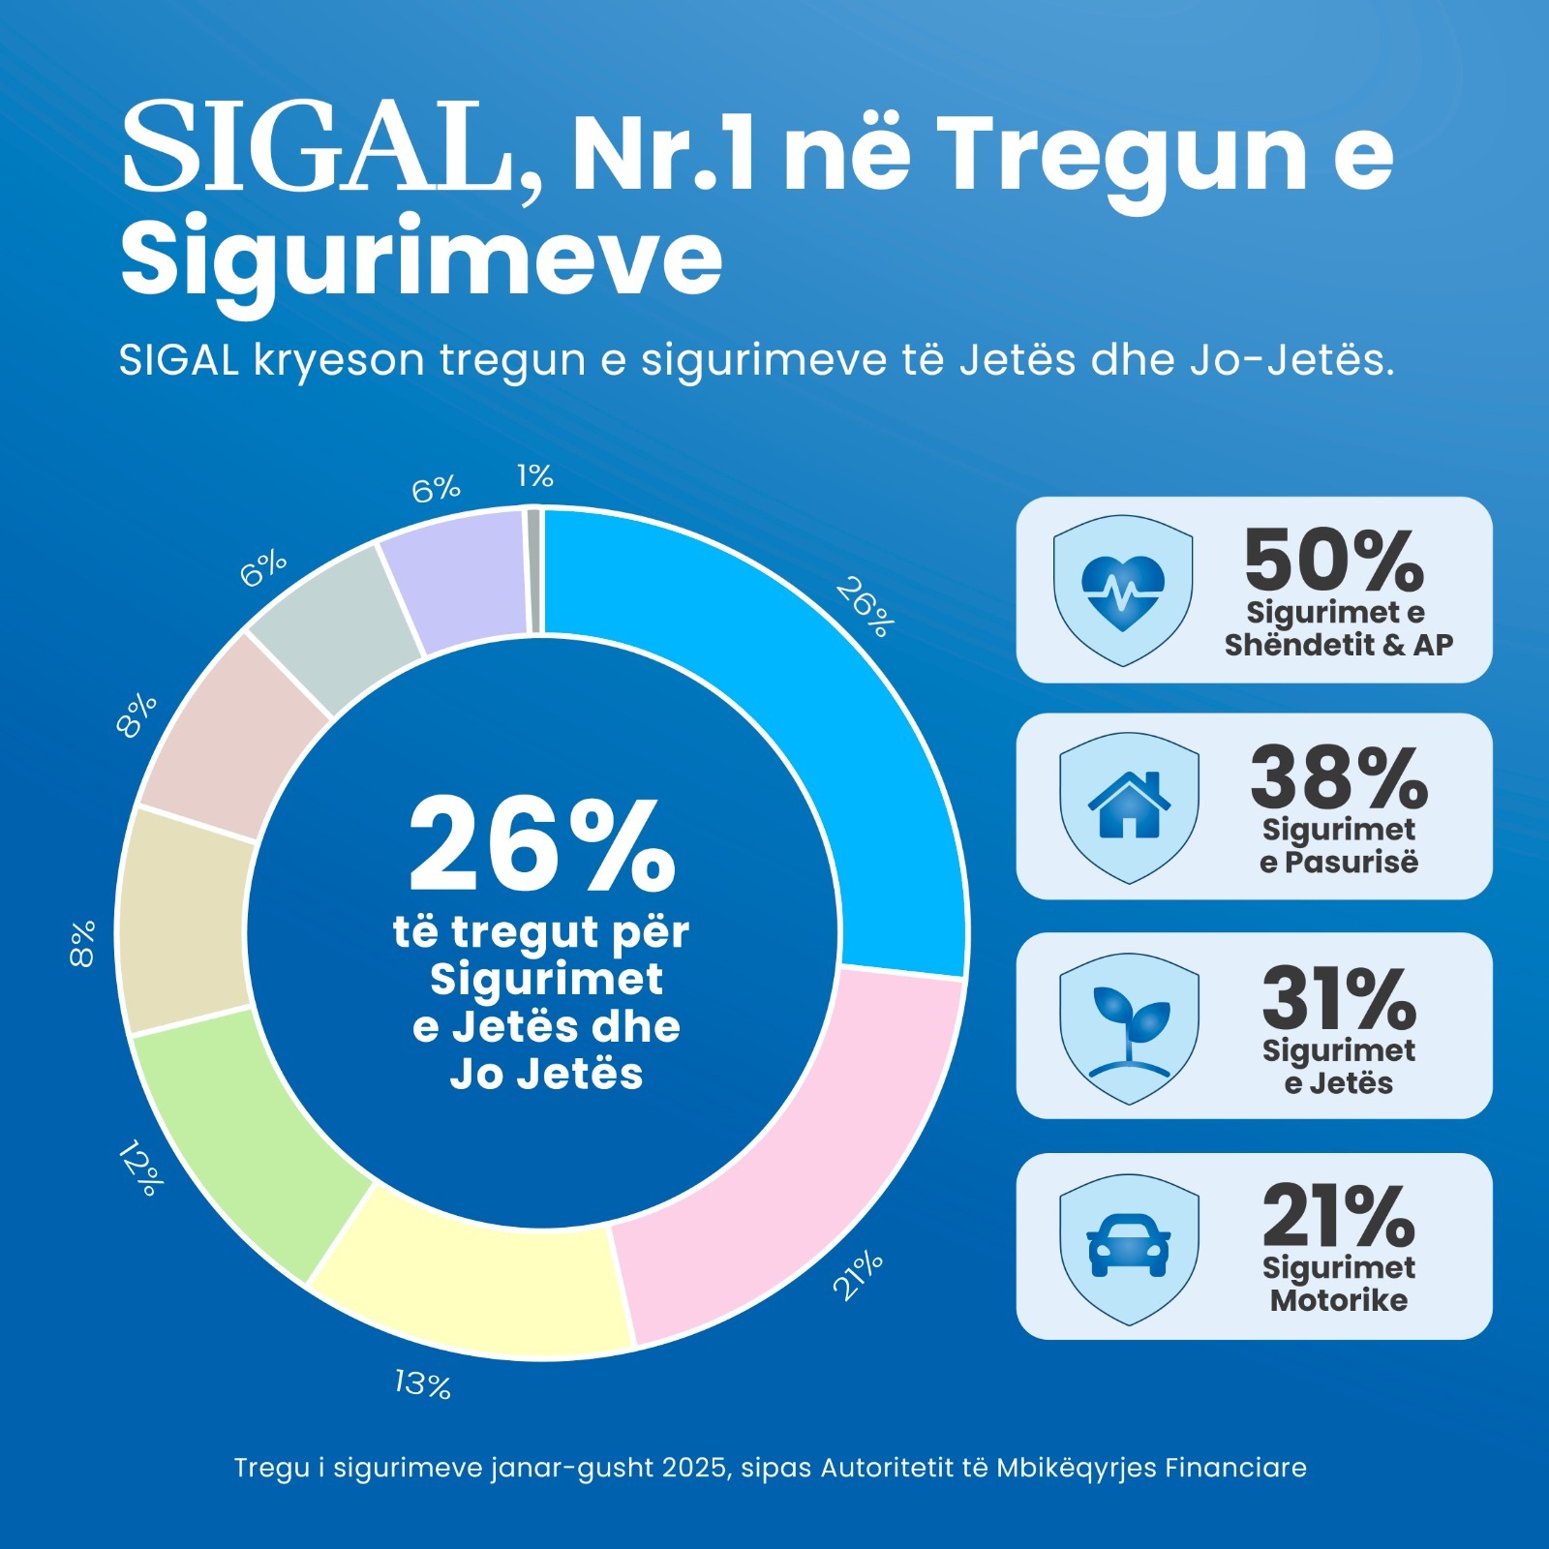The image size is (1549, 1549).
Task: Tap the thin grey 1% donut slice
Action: tap(533, 571)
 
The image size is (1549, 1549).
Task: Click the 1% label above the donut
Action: tap(534, 475)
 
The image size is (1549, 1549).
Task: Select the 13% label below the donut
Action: tap(423, 1383)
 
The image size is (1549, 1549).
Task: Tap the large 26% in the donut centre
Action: tap(541, 845)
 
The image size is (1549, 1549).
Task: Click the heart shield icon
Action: tap(1122, 590)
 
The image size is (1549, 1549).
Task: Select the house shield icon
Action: tap(1129, 806)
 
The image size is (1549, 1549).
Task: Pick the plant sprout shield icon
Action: tap(1129, 1027)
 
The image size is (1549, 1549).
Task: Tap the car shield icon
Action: tap(1129, 1247)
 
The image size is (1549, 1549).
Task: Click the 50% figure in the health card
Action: tap(1334, 561)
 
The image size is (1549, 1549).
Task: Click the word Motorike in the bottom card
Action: tap(1339, 1299)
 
